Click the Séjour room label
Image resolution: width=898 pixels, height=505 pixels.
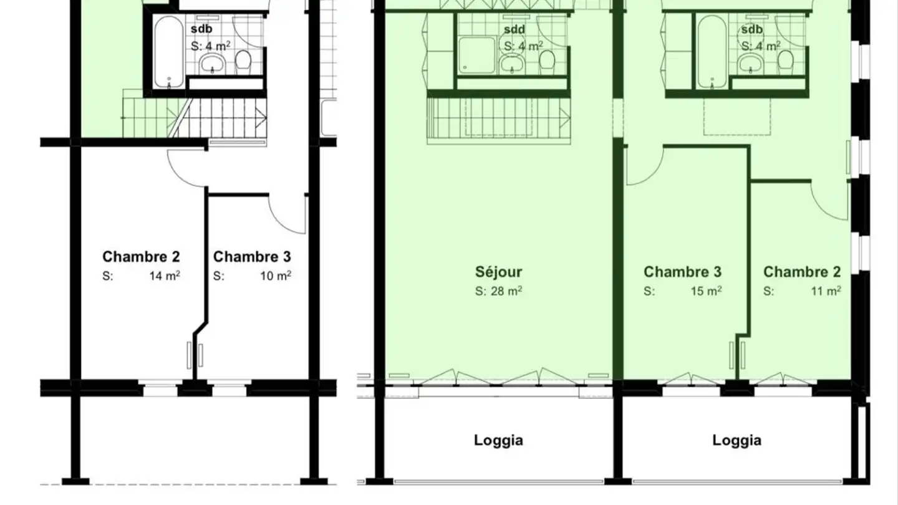498,272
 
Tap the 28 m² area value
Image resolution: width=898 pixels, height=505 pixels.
506,291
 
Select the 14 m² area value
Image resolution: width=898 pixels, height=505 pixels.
165,276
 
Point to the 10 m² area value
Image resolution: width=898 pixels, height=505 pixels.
276,276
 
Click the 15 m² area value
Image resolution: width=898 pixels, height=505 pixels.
706,291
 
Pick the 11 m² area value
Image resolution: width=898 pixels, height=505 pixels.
826,291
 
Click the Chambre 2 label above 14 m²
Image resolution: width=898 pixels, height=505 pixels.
141,256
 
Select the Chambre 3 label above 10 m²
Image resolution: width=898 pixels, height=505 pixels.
252,256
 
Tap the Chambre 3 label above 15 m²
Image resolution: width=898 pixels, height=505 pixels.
682,272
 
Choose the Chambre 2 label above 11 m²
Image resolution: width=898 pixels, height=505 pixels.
802,272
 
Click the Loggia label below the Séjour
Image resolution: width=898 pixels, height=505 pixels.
498,440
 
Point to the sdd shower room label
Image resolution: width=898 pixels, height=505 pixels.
514,29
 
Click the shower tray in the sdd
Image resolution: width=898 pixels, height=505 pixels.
476,55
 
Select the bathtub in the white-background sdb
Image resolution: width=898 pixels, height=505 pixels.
169,52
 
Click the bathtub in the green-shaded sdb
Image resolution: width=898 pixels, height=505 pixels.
712,52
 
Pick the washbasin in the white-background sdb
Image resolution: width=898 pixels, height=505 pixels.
213,64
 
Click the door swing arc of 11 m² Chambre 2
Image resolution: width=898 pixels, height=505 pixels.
824,205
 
